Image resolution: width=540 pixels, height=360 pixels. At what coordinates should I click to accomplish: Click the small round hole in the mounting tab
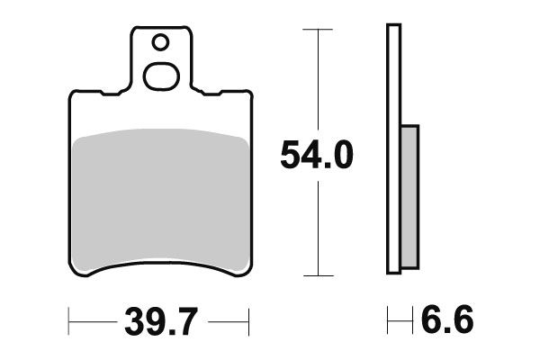160,41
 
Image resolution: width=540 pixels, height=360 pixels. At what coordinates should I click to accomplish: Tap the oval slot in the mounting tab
162,77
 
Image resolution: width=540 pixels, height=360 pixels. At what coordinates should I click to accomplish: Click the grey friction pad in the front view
159,198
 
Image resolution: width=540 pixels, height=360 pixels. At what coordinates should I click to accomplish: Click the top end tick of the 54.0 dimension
311,30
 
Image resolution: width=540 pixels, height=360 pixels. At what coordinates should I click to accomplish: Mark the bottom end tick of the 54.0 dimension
311,274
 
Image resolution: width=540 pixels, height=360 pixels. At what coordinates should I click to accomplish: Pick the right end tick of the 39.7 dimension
248,319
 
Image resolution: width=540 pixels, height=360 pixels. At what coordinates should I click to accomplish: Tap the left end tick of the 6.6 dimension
388,319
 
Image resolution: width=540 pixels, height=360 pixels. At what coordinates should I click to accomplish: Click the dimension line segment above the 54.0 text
311,81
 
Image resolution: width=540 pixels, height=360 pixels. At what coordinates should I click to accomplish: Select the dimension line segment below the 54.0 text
311,225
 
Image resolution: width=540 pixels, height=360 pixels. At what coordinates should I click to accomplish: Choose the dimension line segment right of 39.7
225,319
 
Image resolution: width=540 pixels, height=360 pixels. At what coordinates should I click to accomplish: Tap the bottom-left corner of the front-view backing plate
75,269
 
